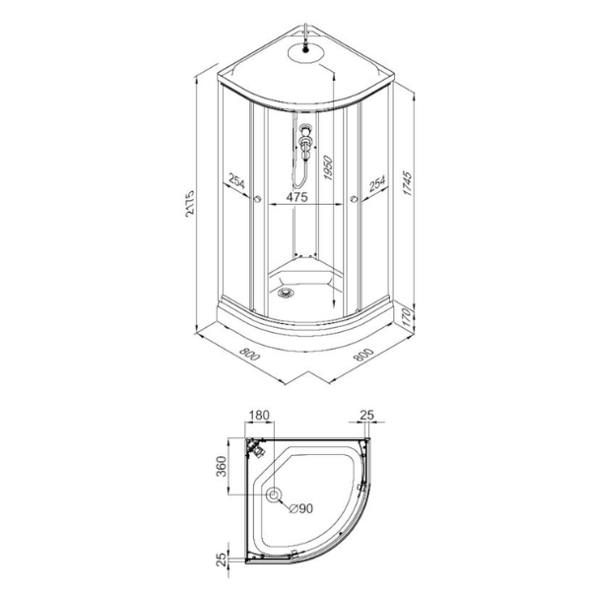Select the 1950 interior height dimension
coord(328,167)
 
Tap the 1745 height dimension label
coord(408,183)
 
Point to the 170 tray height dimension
coord(406,314)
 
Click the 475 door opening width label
coord(297,197)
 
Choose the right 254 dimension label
coord(377,183)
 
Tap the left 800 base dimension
coord(249,354)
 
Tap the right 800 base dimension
coord(363,355)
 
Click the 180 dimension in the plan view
coord(260,415)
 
